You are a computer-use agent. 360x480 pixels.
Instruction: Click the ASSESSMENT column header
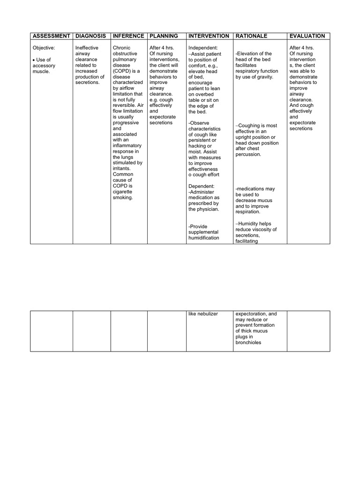(x=51, y=36)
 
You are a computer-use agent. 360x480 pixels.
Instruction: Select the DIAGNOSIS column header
(x=90, y=36)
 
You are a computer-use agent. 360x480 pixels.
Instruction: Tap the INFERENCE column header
(x=128, y=36)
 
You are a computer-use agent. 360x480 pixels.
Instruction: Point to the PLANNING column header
(x=164, y=36)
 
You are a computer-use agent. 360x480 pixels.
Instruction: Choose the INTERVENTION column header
(x=209, y=36)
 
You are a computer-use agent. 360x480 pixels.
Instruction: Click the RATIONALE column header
(x=251, y=36)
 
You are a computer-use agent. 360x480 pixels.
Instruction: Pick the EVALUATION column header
(x=307, y=36)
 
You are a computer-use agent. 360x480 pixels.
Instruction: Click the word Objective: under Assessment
(x=44, y=48)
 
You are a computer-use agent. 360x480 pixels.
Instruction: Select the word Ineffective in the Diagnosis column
(x=87, y=48)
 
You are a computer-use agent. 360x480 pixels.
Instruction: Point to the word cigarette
(x=122, y=192)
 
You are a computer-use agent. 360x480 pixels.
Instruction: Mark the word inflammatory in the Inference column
(x=127, y=145)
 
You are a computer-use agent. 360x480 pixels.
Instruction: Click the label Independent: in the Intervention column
(x=203, y=48)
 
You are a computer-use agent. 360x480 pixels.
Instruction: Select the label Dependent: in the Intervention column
(x=202, y=186)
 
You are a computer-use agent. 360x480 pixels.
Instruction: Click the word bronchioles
(x=248, y=343)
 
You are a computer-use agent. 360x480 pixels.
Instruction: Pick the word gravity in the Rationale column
(x=264, y=77)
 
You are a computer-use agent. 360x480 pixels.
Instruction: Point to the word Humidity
(x=249, y=224)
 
